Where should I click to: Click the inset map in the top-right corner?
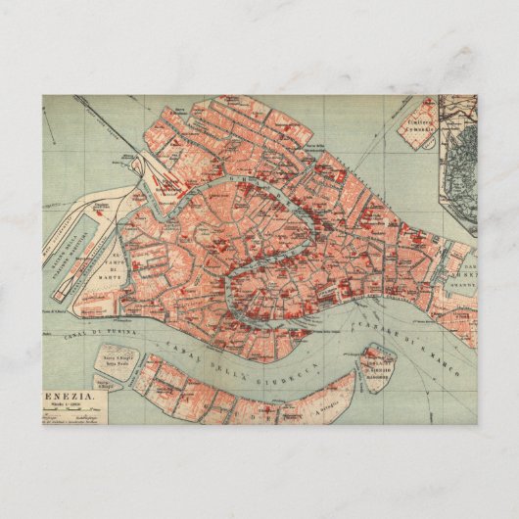[458, 157]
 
